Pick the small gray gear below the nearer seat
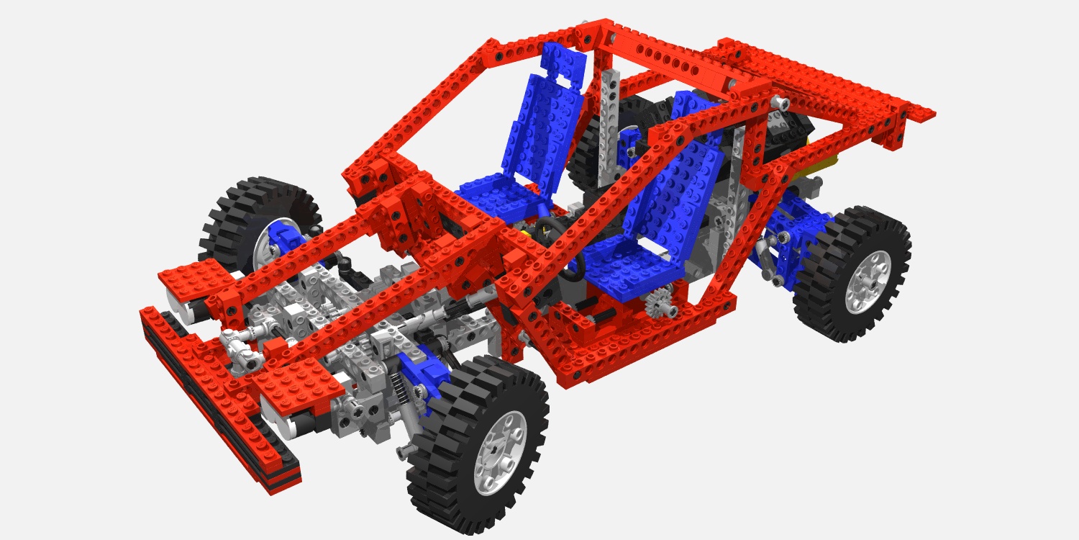(660, 303)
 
